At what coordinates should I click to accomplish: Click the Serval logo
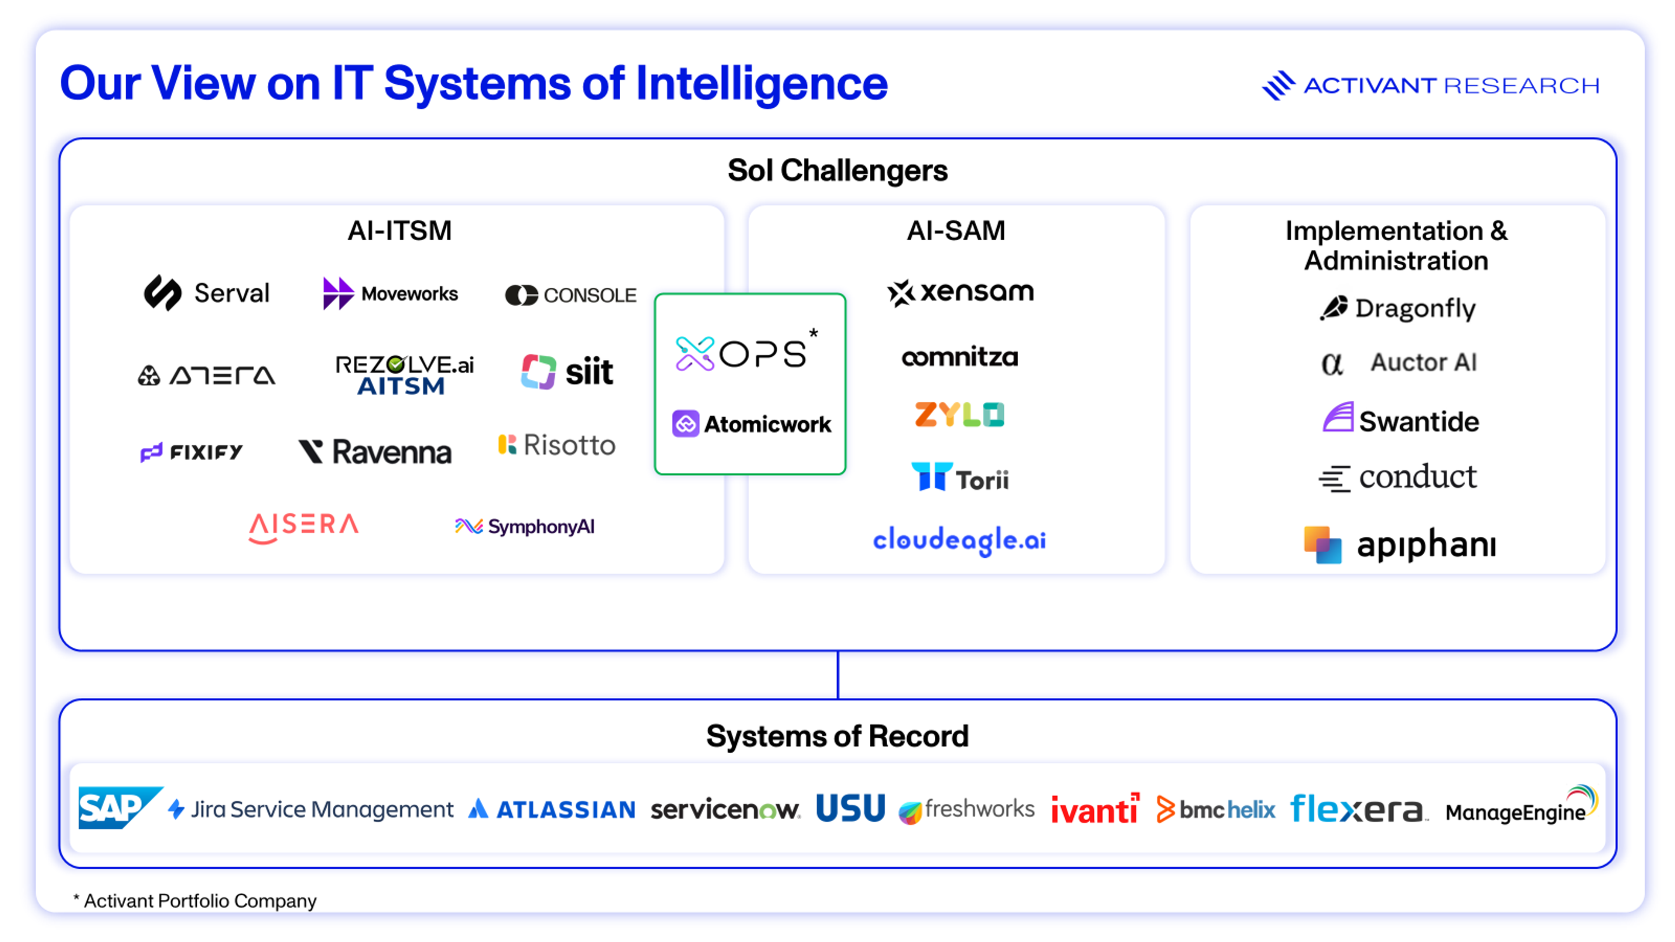tap(207, 293)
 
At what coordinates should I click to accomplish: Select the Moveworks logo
tap(390, 294)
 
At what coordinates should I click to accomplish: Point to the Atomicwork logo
tap(752, 424)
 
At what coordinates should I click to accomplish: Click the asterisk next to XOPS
tap(814, 334)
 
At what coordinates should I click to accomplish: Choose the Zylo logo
tap(960, 414)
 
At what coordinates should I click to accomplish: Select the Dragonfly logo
tap(1398, 308)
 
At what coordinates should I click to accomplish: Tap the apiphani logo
tap(1400, 544)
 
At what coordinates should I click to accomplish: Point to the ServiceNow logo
tap(725, 809)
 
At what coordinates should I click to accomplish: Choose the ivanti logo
tap(1095, 808)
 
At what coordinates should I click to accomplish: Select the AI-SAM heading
tap(956, 231)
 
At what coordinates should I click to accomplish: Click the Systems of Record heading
tap(837, 736)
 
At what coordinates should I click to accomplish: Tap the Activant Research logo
tap(1431, 85)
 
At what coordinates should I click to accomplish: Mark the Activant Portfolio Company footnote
tap(195, 901)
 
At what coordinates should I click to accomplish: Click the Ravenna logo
tap(375, 451)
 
